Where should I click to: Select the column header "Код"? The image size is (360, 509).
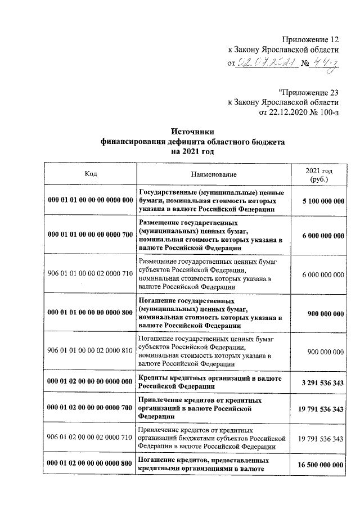(91, 174)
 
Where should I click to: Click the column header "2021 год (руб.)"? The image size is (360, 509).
(319, 174)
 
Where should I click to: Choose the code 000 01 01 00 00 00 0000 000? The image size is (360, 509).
(91, 200)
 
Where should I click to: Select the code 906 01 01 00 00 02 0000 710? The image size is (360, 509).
(91, 274)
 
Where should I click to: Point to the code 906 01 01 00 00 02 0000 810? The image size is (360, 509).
(91, 351)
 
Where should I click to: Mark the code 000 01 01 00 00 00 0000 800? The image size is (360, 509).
(91, 312)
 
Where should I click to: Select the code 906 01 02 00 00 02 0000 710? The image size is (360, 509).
(91, 438)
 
